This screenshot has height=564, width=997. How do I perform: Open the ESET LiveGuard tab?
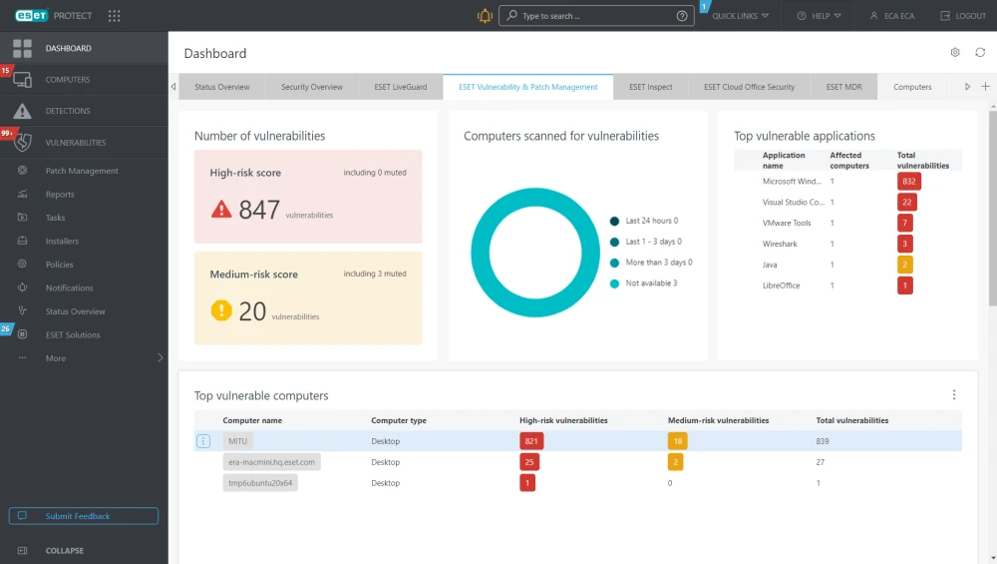pos(401,87)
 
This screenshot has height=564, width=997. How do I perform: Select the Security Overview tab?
pos(311,87)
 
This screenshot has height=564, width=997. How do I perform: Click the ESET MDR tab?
pos(843,87)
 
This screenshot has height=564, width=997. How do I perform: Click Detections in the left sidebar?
pos(68,111)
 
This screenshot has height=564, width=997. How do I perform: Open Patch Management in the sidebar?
pos(82,171)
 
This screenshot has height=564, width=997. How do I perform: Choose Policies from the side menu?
pos(59,265)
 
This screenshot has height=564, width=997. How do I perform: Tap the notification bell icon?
pos(485,16)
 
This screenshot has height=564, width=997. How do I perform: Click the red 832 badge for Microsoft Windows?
pos(909,182)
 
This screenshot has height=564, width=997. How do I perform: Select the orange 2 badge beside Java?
pos(905,265)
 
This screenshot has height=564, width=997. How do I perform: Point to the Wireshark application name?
pos(780,244)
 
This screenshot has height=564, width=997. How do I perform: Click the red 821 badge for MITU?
pos(531,441)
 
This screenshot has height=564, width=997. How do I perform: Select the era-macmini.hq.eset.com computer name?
pos(271,462)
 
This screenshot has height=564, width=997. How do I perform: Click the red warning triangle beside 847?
pos(221,209)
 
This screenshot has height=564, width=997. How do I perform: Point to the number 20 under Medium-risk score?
pos(252,311)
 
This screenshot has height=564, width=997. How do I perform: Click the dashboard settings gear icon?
pos(955,52)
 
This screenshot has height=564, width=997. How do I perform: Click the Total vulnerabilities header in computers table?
pos(852,421)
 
